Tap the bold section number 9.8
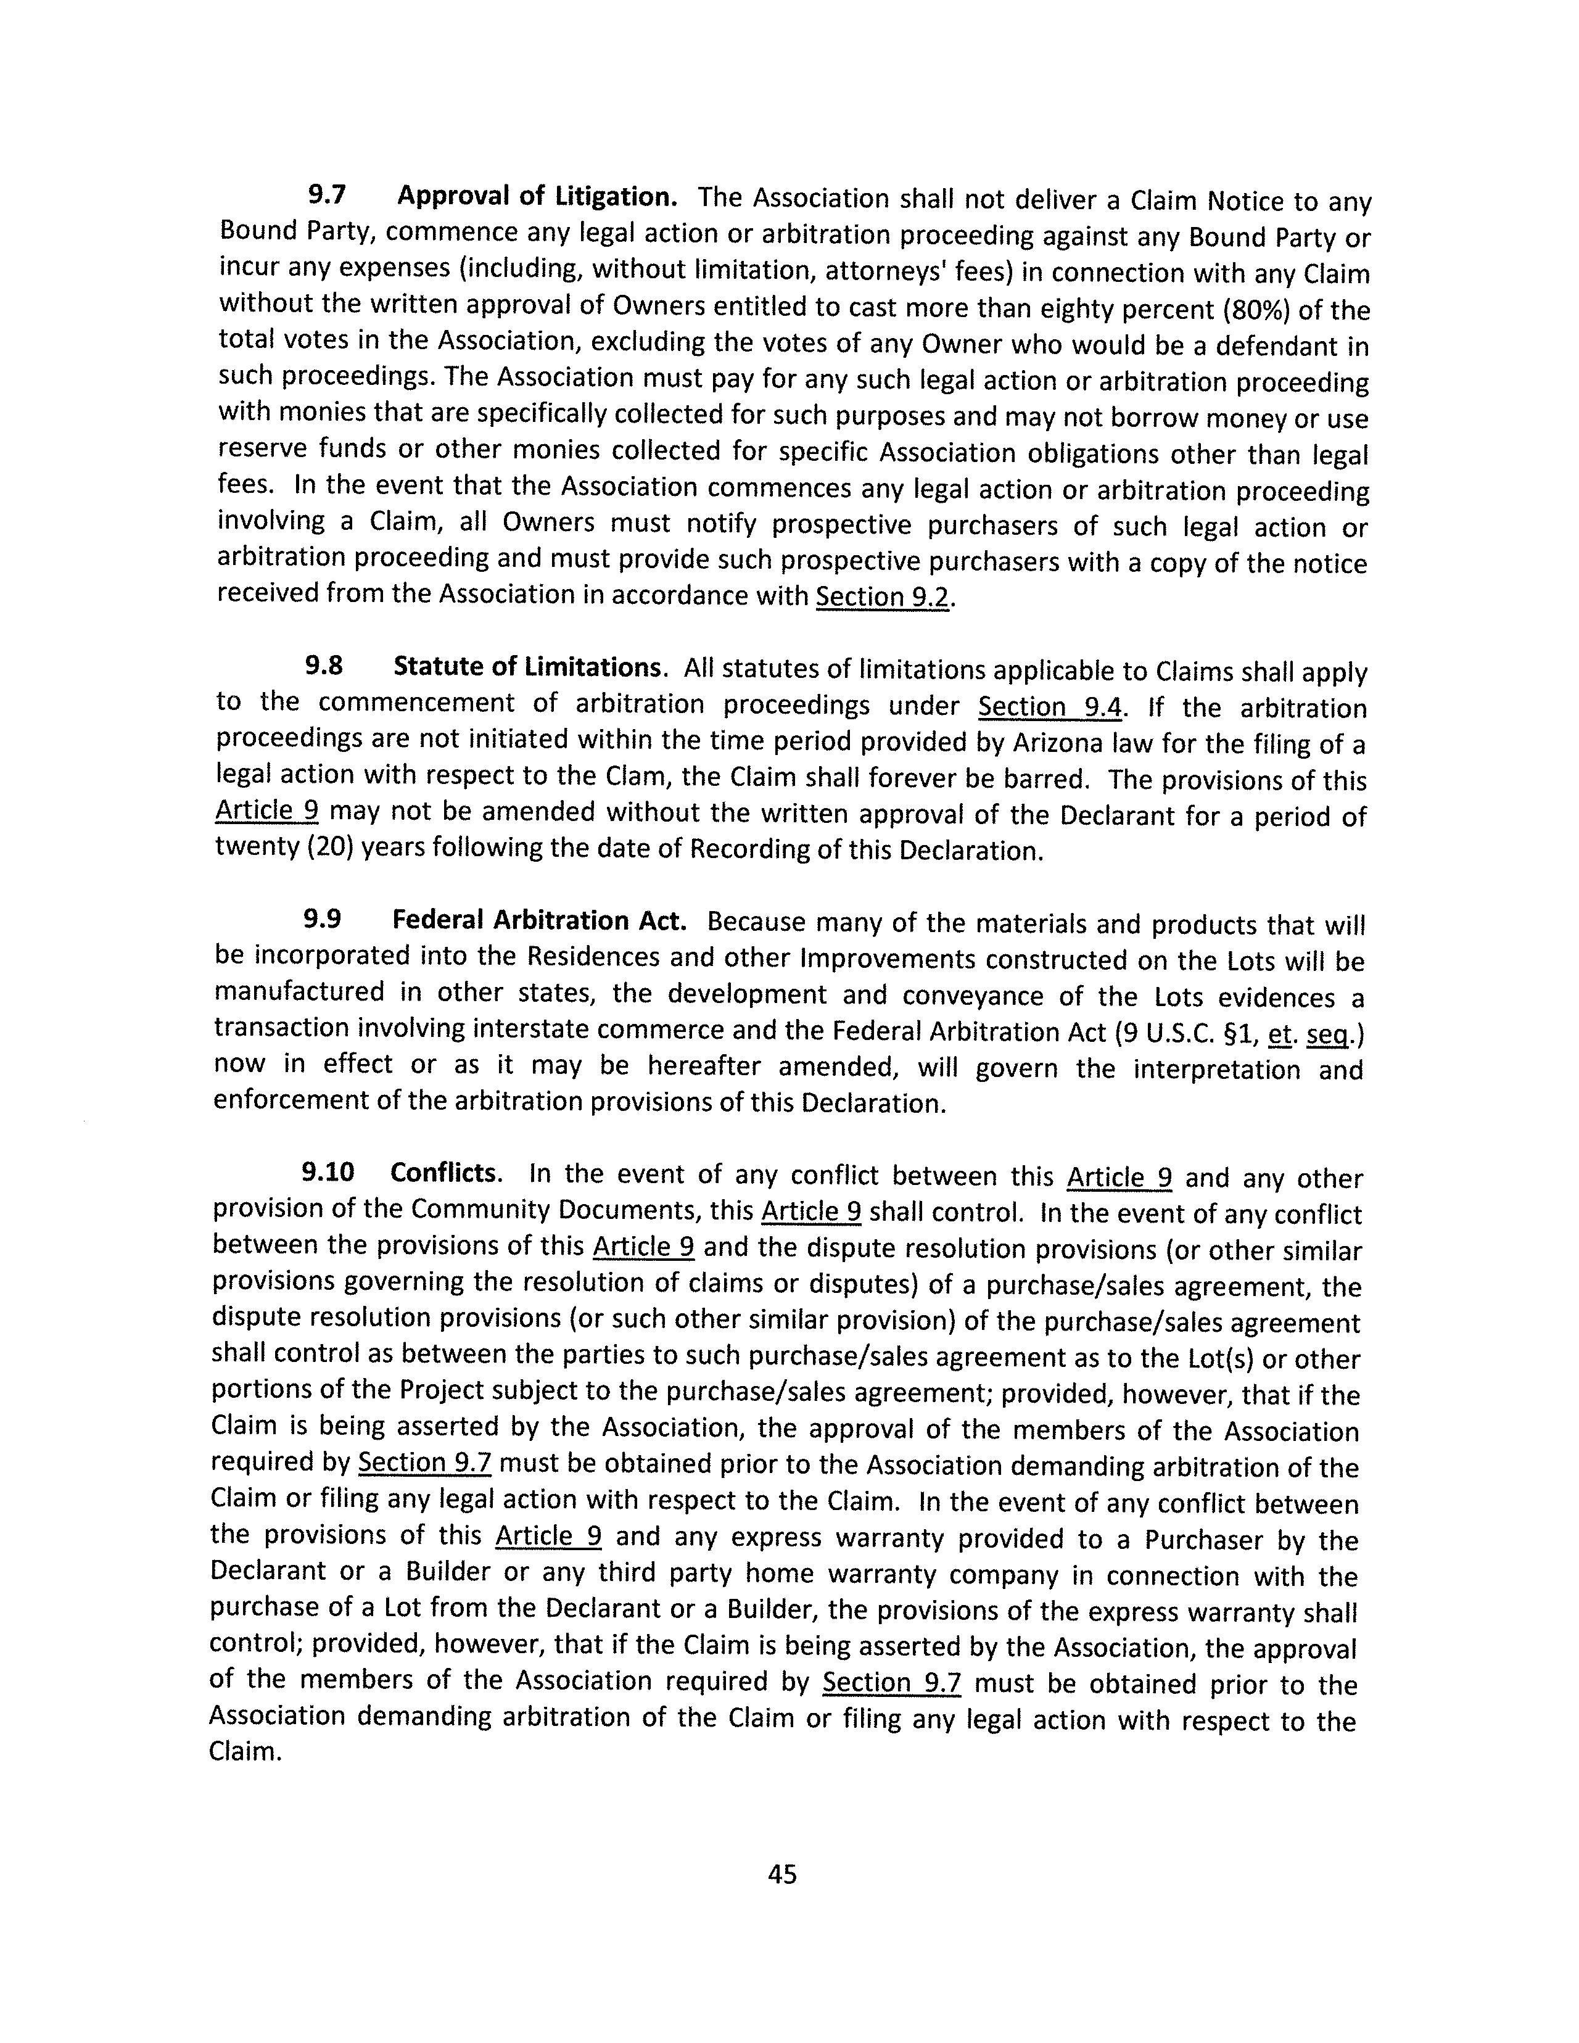(x=324, y=666)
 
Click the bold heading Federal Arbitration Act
(x=539, y=920)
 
